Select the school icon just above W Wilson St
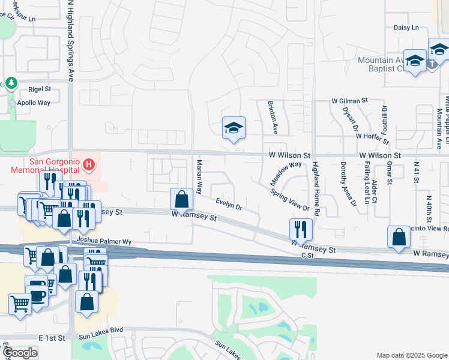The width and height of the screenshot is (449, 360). [234, 128]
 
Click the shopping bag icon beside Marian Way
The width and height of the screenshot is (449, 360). [181, 199]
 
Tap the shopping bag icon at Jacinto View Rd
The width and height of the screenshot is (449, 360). [399, 238]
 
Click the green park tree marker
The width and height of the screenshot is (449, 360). [11, 82]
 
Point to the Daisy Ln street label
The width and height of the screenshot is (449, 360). [406, 28]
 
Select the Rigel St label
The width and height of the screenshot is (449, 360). [40, 89]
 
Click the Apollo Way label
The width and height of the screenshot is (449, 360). [35, 103]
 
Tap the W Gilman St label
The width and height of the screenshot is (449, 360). [349, 102]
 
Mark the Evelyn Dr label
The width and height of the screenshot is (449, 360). [228, 205]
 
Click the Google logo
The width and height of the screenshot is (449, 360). [20, 352]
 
